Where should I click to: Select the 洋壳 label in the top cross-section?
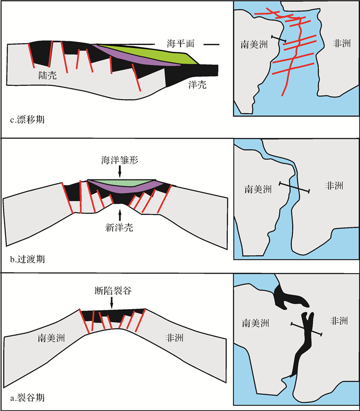click(x=196, y=84)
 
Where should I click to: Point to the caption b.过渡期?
click(x=27, y=259)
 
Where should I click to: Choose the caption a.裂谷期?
click(x=27, y=397)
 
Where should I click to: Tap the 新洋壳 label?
click(x=119, y=227)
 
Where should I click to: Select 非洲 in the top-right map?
click(x=340, y=43)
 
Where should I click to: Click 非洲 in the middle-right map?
click(x=335, y=186)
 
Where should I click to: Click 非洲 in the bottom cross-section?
click(x=175, y=338)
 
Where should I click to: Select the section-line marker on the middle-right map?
click(x=294, y=187)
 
